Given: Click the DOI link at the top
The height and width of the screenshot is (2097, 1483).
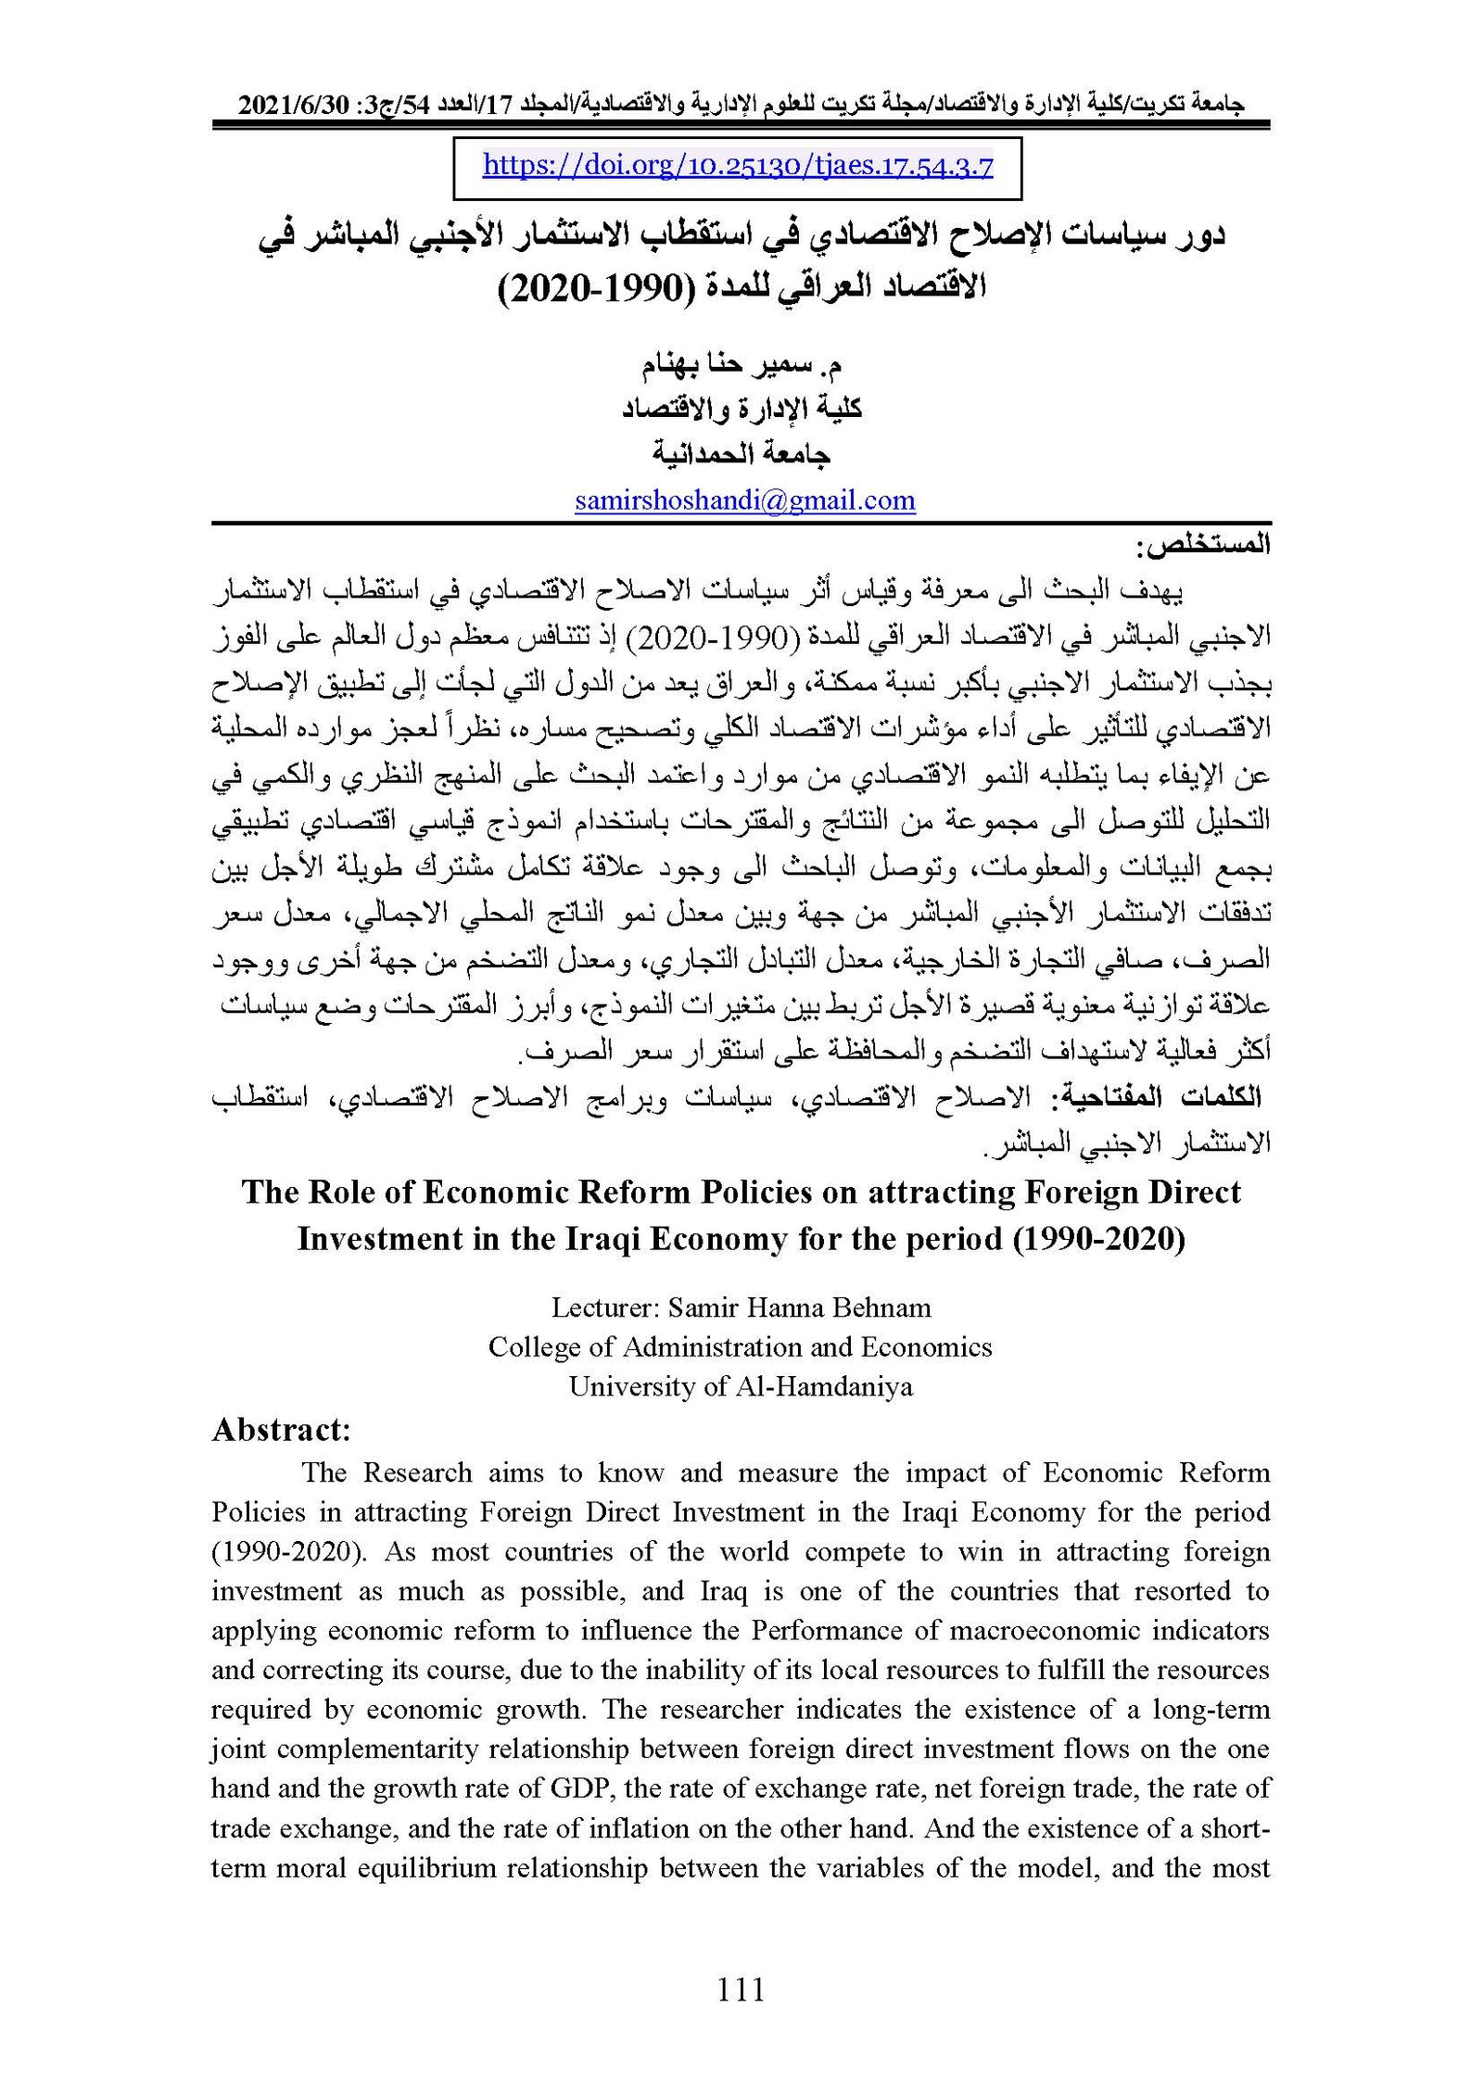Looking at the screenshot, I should [x=738, y=167].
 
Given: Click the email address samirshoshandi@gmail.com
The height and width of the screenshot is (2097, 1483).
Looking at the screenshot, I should [x=744, y=501].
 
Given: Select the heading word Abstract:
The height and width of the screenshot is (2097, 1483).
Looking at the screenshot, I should [x=281, y=1431].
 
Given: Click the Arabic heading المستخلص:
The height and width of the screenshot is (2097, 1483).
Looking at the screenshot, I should [x=1203, y=546].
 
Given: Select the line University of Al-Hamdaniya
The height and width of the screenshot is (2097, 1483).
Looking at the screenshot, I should [x=741, y=1386].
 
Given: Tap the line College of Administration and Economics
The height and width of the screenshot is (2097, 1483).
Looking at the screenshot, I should [x=741, y=1346].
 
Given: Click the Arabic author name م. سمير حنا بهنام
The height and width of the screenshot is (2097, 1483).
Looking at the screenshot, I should [x=741, y=365].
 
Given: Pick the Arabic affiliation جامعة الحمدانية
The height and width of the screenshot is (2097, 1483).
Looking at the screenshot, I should [x=741, y=453].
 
